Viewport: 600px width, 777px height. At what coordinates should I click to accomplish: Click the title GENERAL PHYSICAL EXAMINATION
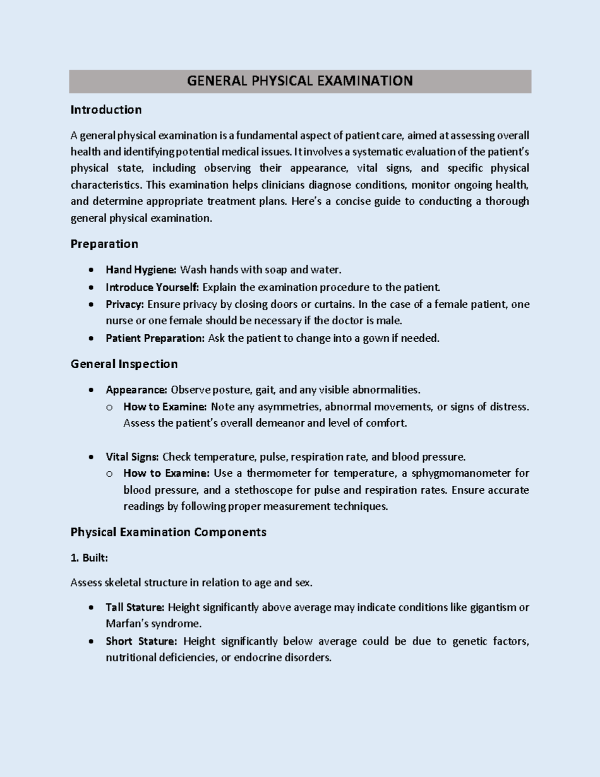click(x=299, y=81)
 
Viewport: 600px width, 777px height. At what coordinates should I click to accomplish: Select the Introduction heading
click(x=106, y=110)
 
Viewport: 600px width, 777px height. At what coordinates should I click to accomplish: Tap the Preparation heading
click(x=104, y=244)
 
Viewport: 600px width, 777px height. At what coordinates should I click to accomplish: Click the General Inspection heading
click(x=124, y=364)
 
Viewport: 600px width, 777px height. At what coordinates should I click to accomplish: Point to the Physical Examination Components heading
click(x=168, y=532)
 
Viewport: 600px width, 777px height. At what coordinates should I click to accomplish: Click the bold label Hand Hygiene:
click(x=140, y=270)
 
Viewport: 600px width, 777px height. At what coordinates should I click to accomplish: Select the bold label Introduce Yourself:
click(x=152, y=287)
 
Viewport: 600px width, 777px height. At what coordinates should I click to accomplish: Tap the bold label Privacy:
click(x=124, y=304)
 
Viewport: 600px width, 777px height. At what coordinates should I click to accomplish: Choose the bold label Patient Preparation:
click(x=155, y=338)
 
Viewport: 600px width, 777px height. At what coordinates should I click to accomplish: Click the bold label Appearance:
click(x=136, y=390)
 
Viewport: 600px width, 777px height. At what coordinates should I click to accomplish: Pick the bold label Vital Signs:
click(x=132, y=457)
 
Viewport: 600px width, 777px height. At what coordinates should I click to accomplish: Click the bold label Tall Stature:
click(x=135, y=607)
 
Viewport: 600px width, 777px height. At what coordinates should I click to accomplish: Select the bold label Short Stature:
click(x=141, y=641)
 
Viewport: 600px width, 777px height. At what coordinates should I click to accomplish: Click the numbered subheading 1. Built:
click(x=89, y=558)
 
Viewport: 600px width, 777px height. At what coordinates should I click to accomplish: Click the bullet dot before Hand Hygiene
click(x=90, y=270)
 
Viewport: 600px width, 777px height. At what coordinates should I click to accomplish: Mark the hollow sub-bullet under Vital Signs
click(x=109, y=474)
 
